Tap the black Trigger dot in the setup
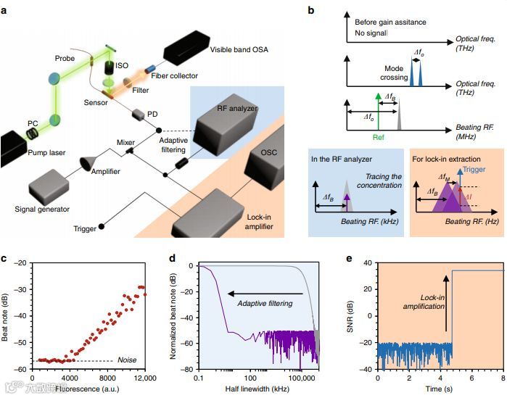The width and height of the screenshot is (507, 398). pos(101,228)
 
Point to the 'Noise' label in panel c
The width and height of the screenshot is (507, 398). pos(128,360)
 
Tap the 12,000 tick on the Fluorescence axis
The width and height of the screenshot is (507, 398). pos(144,378)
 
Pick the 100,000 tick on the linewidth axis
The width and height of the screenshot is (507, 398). pos(300,378)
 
